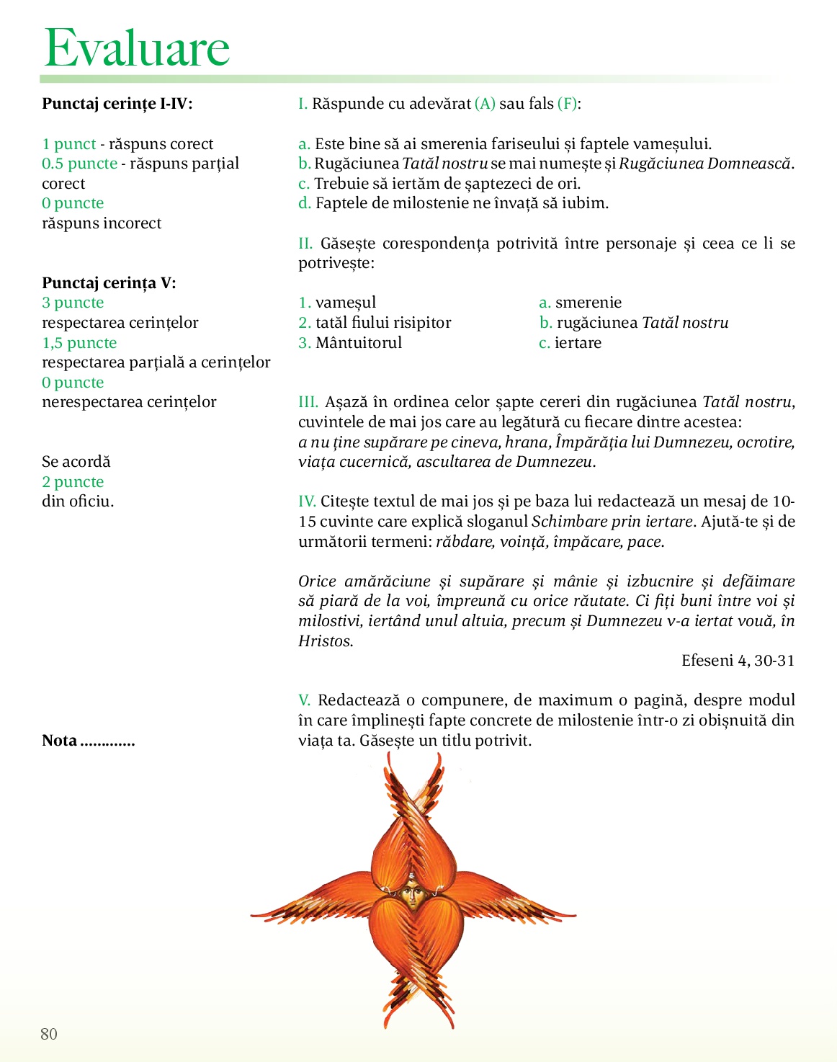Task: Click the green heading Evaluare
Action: point(137,48)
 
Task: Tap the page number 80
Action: point(49,1034)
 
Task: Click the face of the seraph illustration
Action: point(412,893)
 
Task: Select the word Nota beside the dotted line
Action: point(59,741)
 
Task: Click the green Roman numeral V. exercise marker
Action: point(305,700)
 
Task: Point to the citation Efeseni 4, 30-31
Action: point(738,661)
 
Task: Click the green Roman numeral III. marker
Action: point(308,402)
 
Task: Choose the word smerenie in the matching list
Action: point(588,303)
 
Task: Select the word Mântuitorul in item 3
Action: point(359,343)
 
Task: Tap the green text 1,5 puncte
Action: point(79,343)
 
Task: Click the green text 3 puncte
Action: point(73,303)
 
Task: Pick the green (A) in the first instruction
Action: point(485,104)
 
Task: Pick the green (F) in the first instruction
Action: point(568,104)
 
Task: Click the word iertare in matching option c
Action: point(578,343)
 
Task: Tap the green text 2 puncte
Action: point(73,482)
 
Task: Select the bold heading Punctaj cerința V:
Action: point(109,283)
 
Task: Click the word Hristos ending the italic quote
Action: point(325,641)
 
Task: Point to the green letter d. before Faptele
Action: point(304,203)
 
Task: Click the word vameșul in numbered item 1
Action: point(346,303)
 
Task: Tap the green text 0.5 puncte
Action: point(79,164)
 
